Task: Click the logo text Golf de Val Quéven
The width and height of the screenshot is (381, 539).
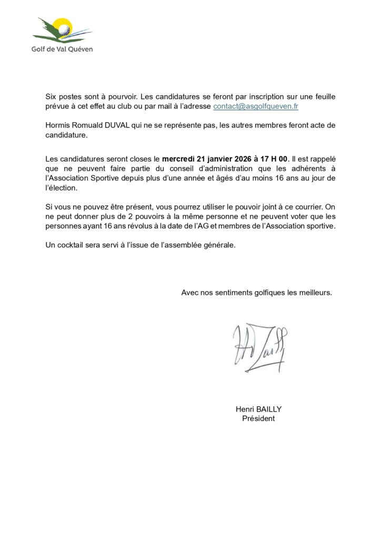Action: (x=63, y=49)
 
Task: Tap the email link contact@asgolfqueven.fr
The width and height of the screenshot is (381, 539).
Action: (x=256, y=106)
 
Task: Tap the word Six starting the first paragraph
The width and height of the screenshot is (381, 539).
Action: (x=51, y=97)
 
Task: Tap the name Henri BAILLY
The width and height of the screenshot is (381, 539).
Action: (x=258, y=409)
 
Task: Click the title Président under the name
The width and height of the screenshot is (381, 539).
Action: (x=258, y=418)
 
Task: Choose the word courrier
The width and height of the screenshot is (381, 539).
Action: (x=312, y=207)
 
